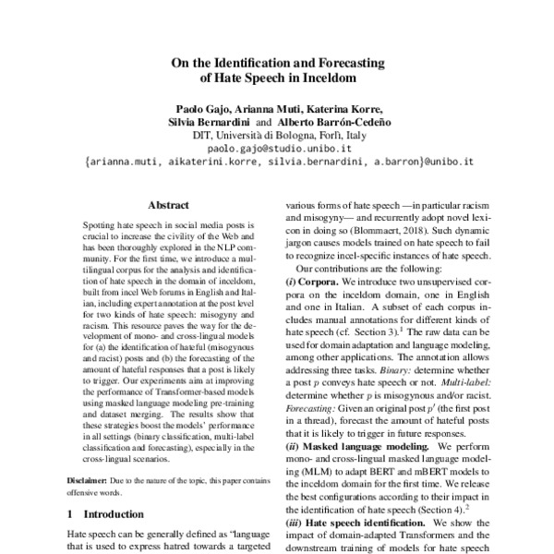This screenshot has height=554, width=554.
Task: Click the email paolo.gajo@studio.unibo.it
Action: point(278,148)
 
